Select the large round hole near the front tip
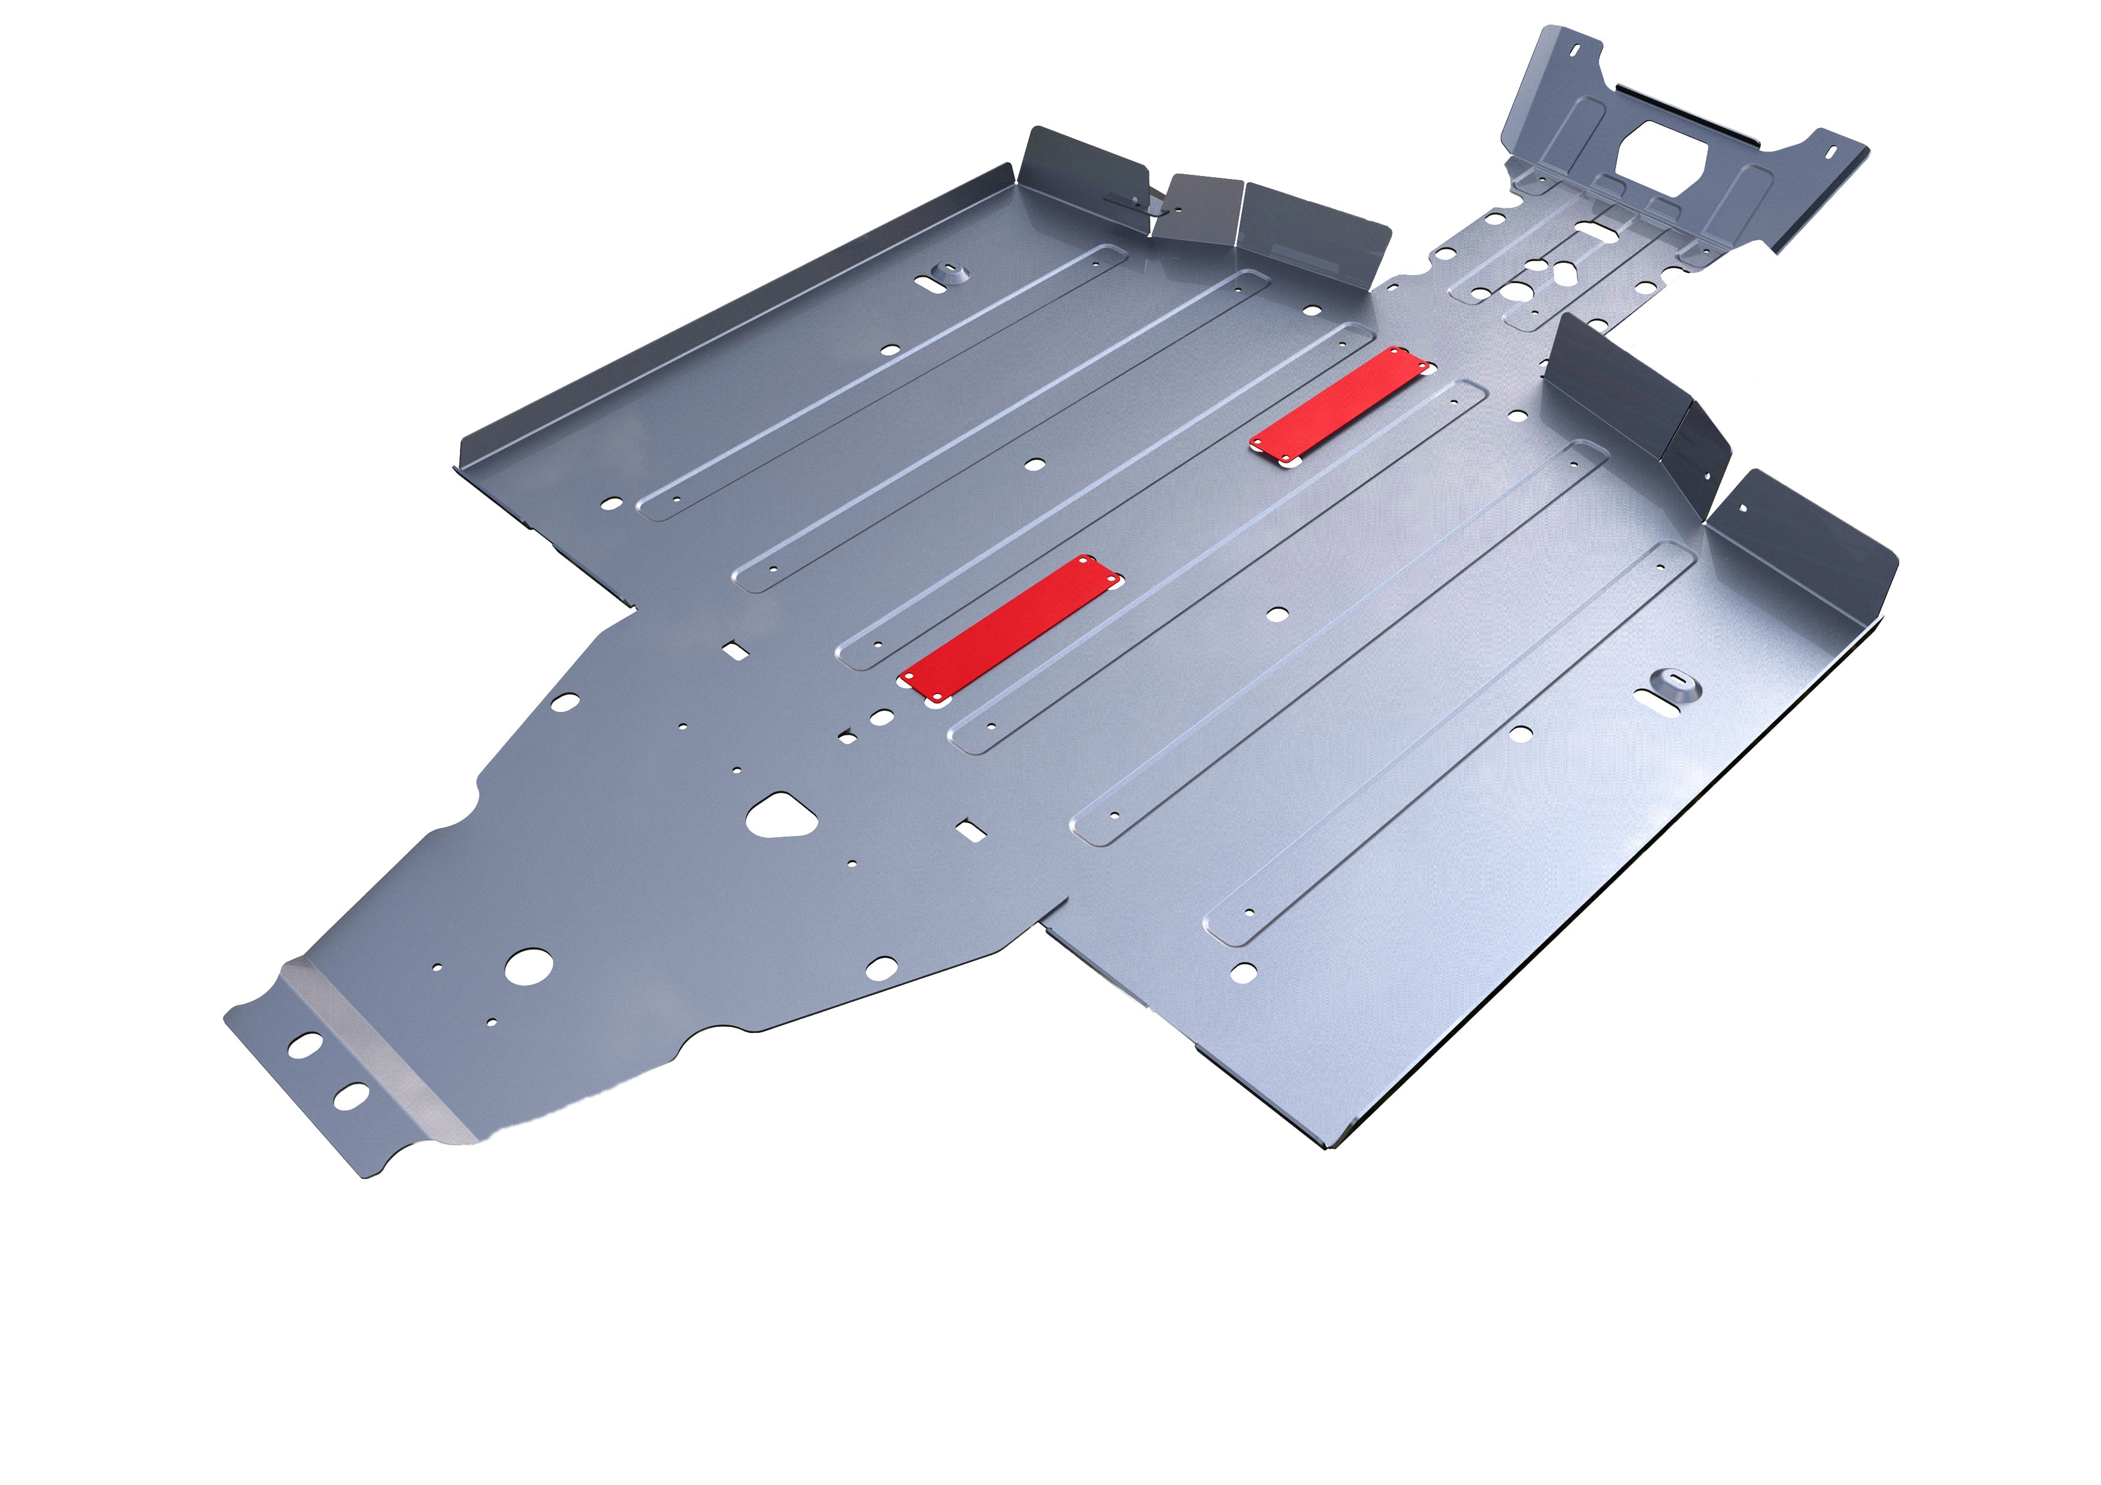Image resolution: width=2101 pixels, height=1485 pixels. point(529,966)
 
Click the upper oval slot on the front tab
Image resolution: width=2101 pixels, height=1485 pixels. point(305,1044)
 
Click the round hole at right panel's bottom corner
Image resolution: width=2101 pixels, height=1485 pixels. point(1243,972)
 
